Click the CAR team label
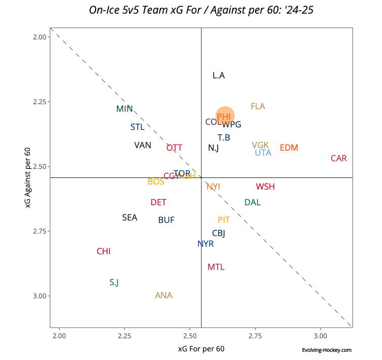(338, 158)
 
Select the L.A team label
(219, 75)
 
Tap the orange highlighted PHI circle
(225, 116)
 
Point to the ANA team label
(163, 295)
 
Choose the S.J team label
(114, 282)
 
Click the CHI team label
(103, 251)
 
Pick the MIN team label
(124, 109)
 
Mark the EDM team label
(289, 148)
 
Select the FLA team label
(258, 106)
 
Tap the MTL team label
(216, 267)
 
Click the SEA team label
(130, 217)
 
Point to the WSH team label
(265, 187)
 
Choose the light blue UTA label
(263, 153)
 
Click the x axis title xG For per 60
(201, 348)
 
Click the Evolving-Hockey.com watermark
(326, 350)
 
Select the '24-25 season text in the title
(296, 10)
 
